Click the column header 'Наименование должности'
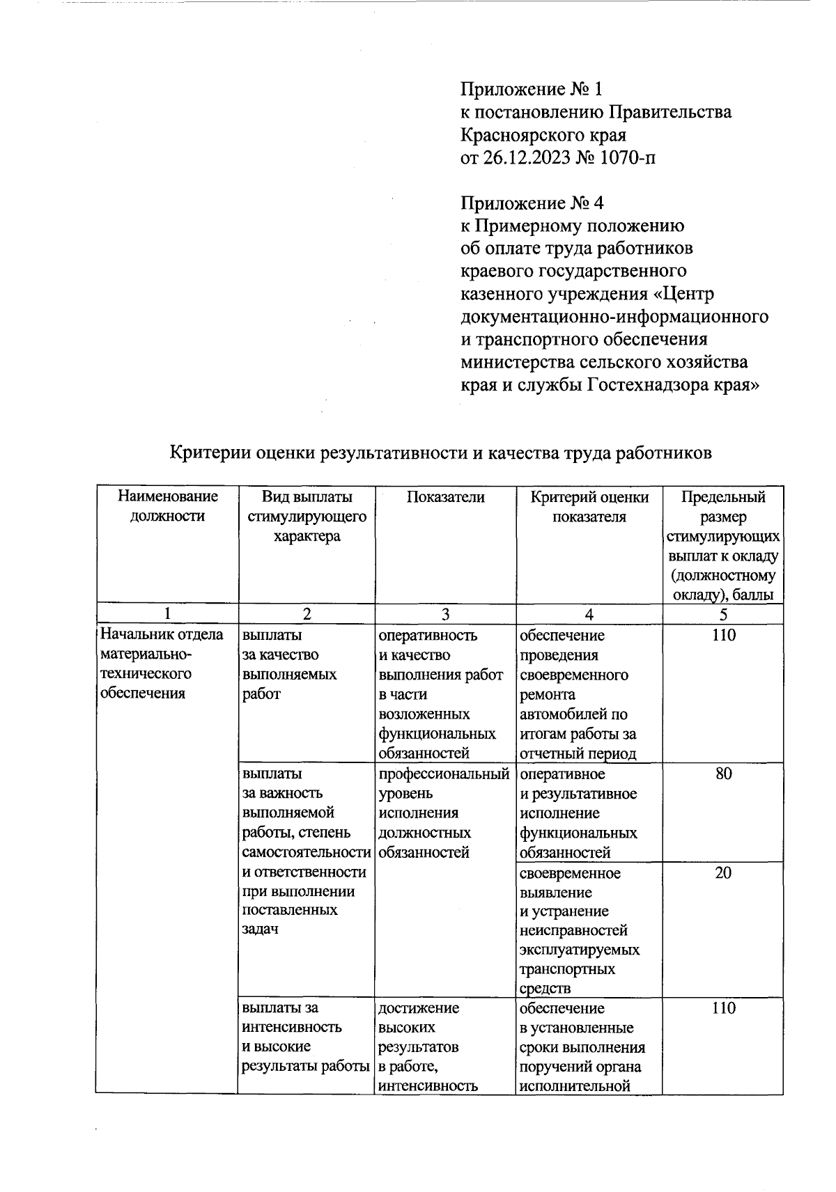pyautogui.click(x=167, y=506)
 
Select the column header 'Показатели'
pyautogui.click(x=445, y=496)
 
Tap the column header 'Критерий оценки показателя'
pyautogui.click(x=589, y=506)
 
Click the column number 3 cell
pyautogui.click(x=445, y=614)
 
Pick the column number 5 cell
pyautogui.click(x=723, y=614)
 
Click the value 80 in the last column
pyautogui.click(x=723, y=774)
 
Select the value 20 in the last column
pyautogui.click(x=723, y=872)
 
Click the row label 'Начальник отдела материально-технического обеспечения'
pyautogui.click(x=162, y=664)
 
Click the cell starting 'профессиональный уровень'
pyautogui.click(x=443, y=813)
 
